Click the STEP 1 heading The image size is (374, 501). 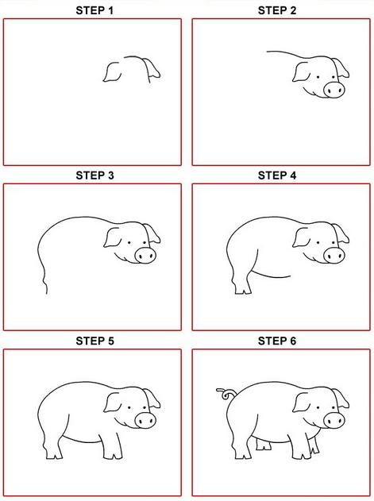point(94,10)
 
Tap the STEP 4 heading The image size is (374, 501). point(277,175)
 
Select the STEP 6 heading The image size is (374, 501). point(277,341)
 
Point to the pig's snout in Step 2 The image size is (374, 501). point(334,89)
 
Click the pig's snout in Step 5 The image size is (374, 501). point(145,420)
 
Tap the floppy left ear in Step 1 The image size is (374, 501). point(112,72)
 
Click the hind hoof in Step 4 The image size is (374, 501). point(243,290)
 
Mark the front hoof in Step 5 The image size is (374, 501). point(113,455)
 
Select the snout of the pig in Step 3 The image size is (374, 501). point(145,256)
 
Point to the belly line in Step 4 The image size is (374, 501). point(271,275)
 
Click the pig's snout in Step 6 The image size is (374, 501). point(334,420)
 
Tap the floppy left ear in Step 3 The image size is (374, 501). point(112,237)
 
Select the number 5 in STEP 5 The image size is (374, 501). point(110,341)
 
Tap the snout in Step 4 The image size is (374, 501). point(334,256)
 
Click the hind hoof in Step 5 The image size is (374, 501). point(54,455)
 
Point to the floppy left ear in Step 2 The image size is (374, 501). point(301,72)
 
